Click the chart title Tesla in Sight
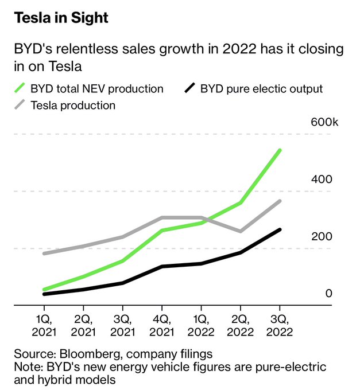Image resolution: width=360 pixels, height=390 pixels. (61, 18)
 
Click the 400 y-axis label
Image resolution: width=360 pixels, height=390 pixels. (322, 180)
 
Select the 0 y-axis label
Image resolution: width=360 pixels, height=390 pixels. (329, 293)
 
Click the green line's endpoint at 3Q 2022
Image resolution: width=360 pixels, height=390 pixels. (280, 150)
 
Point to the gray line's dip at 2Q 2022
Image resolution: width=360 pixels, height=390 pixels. (241, 231)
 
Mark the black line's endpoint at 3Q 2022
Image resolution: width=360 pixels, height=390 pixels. (280, 229)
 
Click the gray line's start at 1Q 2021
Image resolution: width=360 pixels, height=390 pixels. (44, 253)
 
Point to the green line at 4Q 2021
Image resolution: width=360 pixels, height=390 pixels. (162, 231)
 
